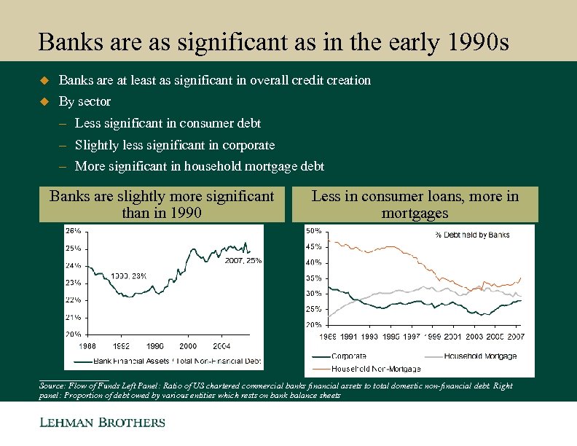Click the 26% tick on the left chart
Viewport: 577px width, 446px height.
[x=73, y=230]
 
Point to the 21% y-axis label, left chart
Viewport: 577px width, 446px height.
[x=73, y=317]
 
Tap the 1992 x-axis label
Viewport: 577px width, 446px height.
[x=120, y=346]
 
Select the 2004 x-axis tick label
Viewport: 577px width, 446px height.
[x=221, y=346]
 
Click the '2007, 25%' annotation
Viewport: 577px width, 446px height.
[x=243, y=259]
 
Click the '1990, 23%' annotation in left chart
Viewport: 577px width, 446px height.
[x=130, y=275]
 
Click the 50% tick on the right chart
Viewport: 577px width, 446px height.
[x=313, y=231]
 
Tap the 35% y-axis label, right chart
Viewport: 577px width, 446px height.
[x=313, y=278]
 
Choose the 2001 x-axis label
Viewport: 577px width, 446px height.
[x=452, y=337]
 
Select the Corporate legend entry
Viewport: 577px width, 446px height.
[x=348, y=356]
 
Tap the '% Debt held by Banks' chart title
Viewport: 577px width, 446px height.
[x=472, y=235]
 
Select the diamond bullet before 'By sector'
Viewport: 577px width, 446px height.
[x=43, y=101]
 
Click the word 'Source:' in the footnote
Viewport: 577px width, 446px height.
[x=52, y=386]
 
